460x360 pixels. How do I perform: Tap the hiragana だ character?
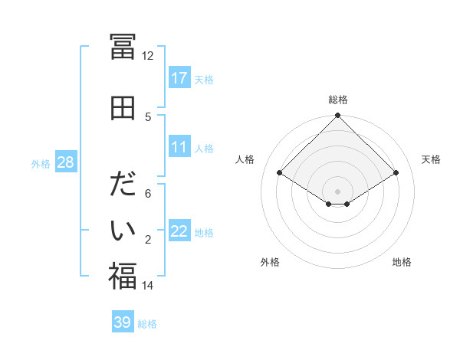(123, 185)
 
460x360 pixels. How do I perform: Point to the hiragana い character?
(123, 229)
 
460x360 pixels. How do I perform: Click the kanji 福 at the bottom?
(123, 276)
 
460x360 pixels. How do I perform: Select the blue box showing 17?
(179, 78)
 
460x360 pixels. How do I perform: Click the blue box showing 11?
(179, 147)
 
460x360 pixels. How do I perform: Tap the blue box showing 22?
(179, 231)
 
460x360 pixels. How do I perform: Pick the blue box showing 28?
(66, 162)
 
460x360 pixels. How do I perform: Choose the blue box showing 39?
(123, 322)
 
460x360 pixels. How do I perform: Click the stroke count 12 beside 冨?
(148, 55)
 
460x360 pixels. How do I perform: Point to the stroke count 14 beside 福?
(148, 286)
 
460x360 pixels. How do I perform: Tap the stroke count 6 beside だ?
(148, 194)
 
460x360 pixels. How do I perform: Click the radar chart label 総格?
(338, 100)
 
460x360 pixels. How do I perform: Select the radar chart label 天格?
(432, 159)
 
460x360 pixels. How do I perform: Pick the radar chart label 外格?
(270, 262)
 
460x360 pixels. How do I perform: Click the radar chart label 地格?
(402, 262)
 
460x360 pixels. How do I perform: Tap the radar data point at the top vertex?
(338, 116)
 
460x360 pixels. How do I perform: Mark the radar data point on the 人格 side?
(280, 173)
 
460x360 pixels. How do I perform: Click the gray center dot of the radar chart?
(338, 191)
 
